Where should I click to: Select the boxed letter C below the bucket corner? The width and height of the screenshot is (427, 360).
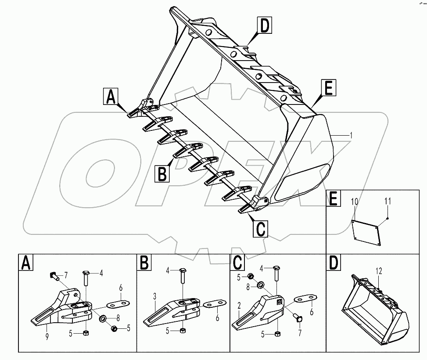point(260,229)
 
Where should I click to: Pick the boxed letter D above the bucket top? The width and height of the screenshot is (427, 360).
point(264,26)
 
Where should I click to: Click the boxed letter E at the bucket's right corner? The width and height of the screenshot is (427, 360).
point(328,88)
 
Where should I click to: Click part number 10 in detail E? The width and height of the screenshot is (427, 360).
point(355,202)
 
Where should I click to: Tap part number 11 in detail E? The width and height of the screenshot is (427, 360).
point(387,202)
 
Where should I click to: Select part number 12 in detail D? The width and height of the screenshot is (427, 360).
point(378,272)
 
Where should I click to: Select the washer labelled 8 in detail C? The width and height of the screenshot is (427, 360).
point(260,286)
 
